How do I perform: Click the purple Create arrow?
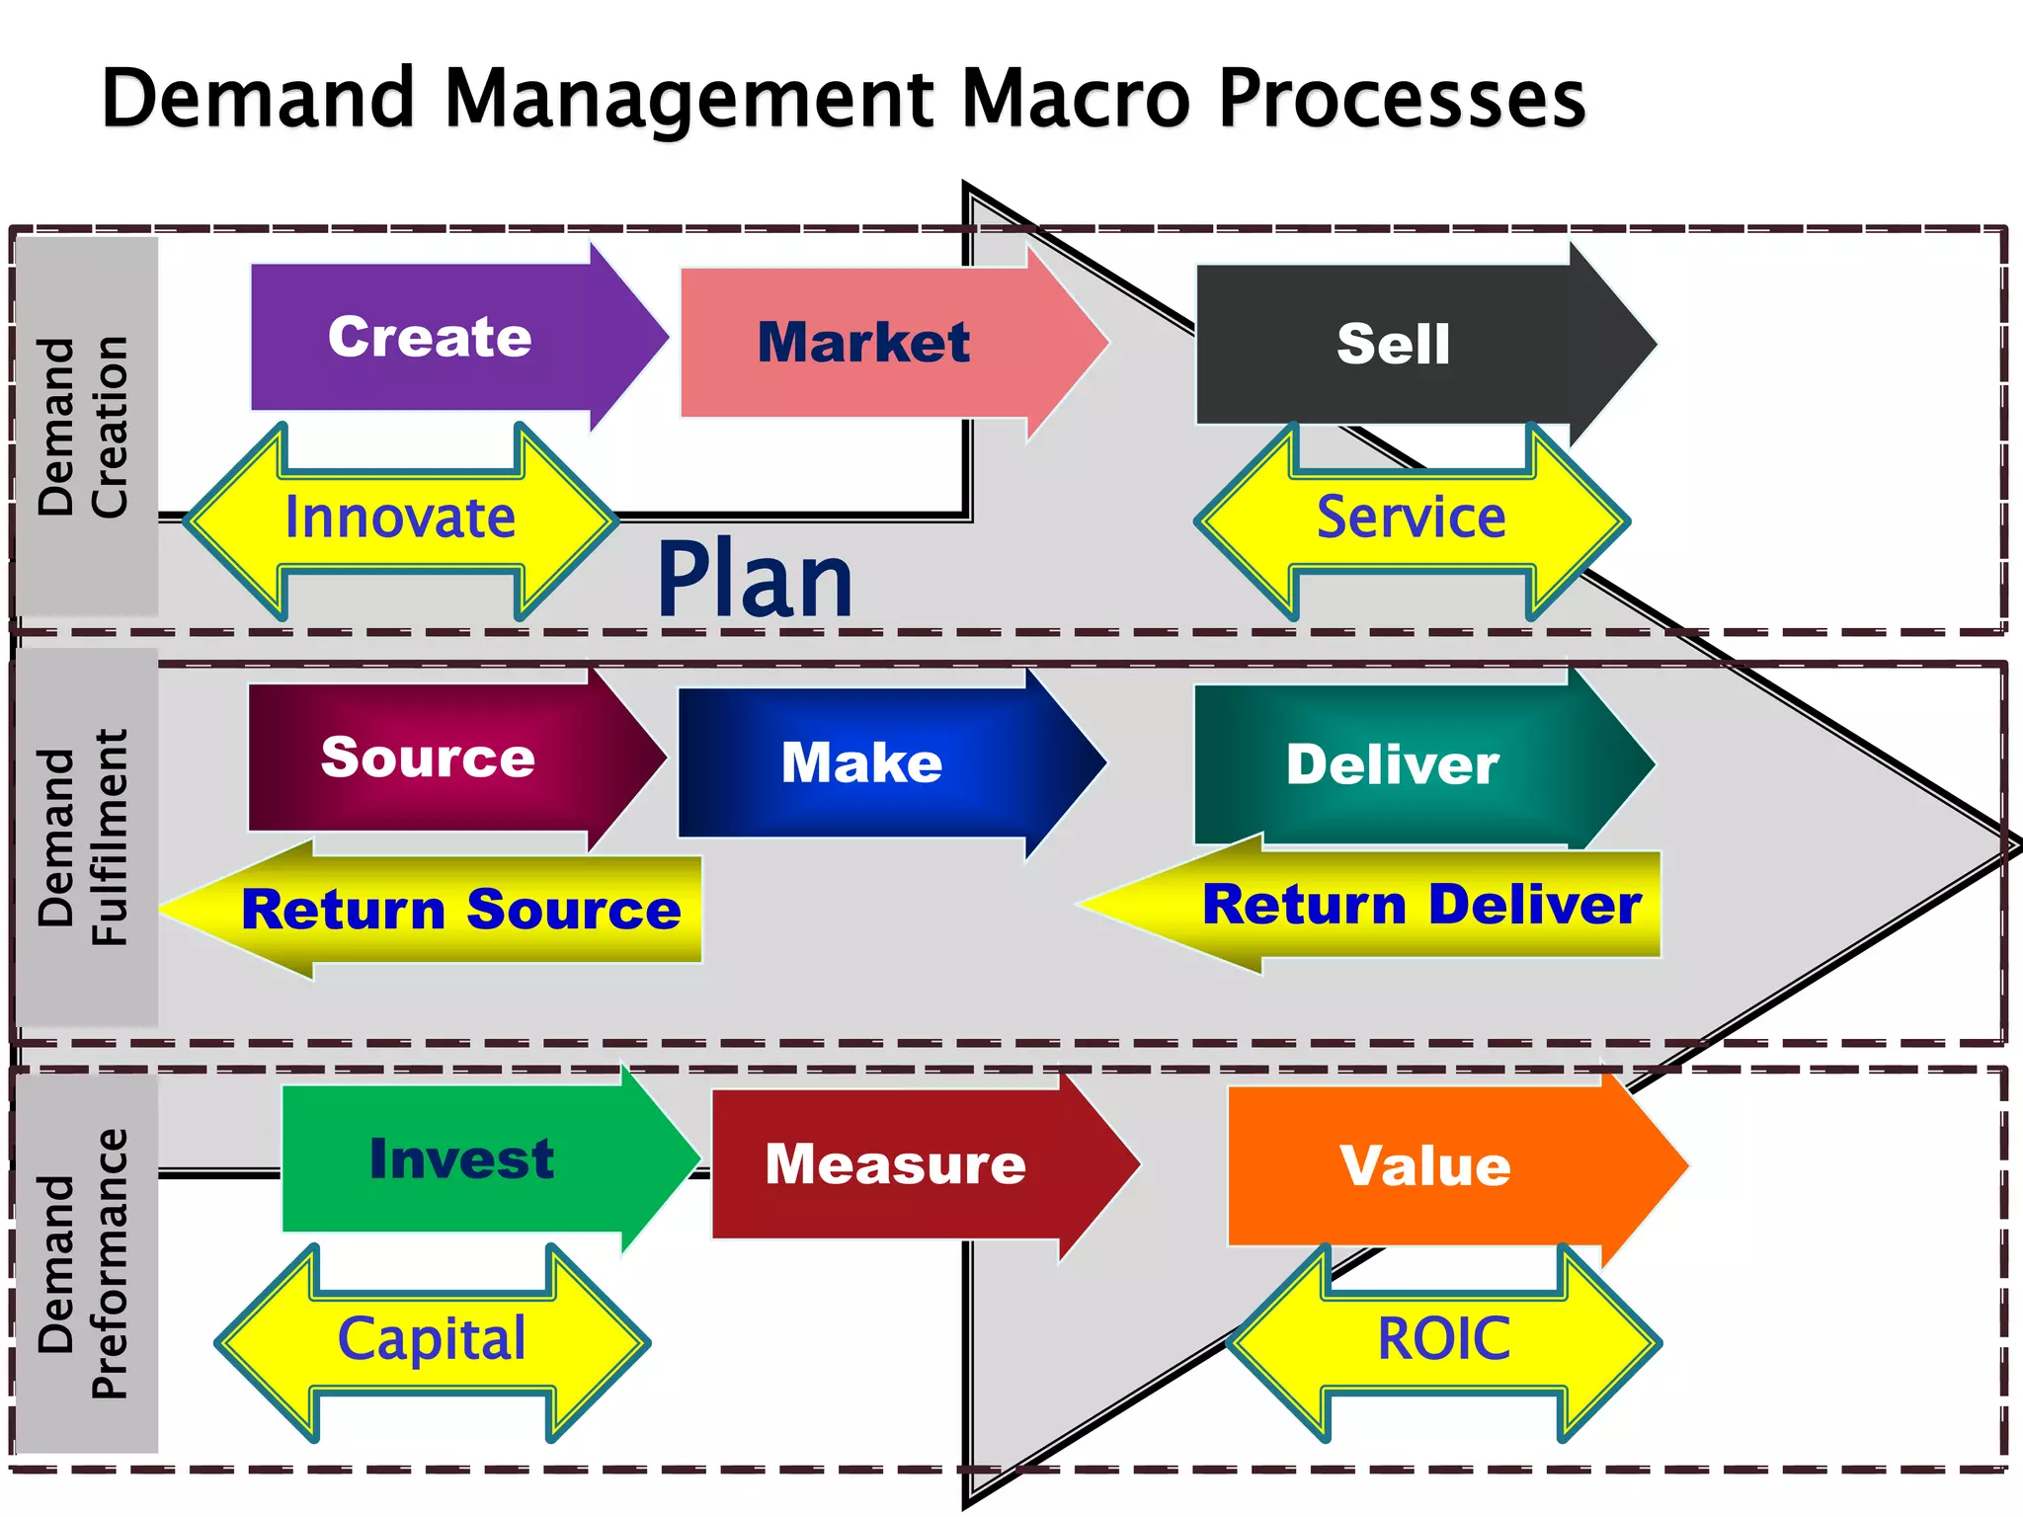click(x=435, y=338)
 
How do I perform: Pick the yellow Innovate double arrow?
click(x=400, y=519)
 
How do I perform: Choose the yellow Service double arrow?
click(x=1412, y=519)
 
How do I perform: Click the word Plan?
click(x=755, y=581)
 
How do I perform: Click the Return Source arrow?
click(x=460, y=910)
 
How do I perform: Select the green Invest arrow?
click(x=462, y=1158)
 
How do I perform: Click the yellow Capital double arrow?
click(x=433, y=1341)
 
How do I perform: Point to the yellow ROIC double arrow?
click(x=1444, y=1341)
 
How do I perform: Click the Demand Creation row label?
click(x=85, y=427)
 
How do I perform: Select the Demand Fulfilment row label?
click(x=85, y=838)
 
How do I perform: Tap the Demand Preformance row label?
click(x=85, y=1264)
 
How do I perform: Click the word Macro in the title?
click(x=1077, y=99)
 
